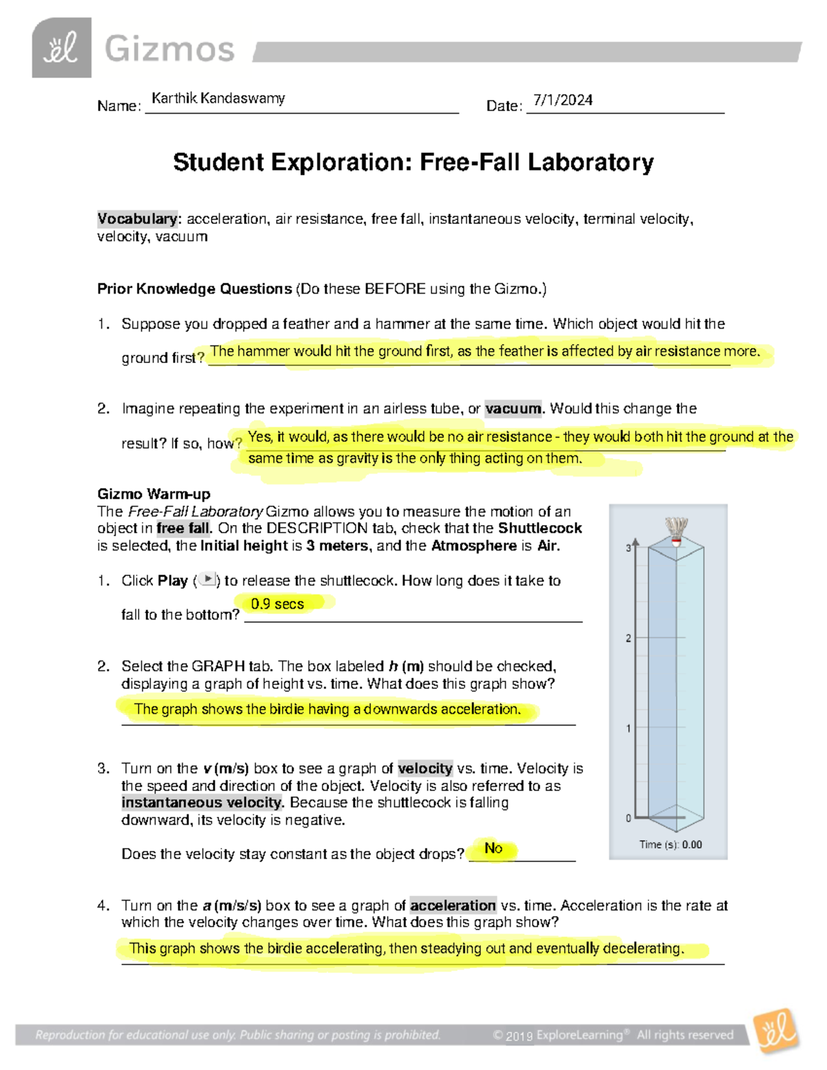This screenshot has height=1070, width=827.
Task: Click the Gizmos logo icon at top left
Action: pos(61,48)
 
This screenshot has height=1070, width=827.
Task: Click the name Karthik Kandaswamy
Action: pos(218,99)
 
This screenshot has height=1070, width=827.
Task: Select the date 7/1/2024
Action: pos(562,101)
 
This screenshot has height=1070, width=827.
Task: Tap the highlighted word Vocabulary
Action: pos(137,219)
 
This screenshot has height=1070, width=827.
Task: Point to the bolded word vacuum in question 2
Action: pos(513,409)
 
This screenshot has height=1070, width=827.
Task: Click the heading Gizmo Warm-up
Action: pos(154,494)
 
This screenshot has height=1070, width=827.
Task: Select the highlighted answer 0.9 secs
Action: pos(277,604)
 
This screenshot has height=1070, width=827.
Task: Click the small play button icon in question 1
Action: pos(207,580)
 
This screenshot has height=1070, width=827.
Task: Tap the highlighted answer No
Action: pos(493,848)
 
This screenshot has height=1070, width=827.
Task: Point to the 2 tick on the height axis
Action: pos(629,638)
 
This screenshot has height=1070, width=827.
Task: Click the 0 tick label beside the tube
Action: pos(629,819)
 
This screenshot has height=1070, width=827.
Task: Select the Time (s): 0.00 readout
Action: pos(670,845)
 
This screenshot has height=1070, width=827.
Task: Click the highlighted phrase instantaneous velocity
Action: pos(202,803)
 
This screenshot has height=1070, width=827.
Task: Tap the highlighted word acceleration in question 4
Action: pos(453,905)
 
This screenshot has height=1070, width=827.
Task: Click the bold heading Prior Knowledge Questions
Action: pos(194,289)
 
